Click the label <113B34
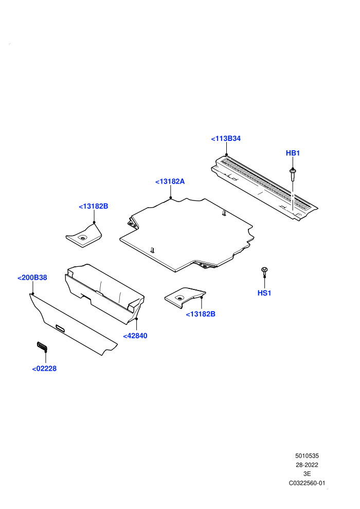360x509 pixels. click(226, 139)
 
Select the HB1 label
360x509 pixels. click(293, 153)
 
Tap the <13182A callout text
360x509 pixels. click(170, 181)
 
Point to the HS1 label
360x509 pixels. click(264, 293)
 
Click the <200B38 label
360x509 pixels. click(32, 278)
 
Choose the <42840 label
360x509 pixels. click(135, 336)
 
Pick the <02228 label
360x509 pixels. click(44, 369)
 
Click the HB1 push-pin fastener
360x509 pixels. click(293, 174)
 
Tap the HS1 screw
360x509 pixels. click(264, 271)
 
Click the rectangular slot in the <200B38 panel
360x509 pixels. click(60, 328)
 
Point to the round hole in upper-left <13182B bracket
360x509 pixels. click(82, 238)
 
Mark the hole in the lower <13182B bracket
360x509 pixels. click(179, 297)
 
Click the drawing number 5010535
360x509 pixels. click(307, 456)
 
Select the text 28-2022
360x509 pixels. click(307, 465)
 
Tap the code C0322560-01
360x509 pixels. click(307, 483)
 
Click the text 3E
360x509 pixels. click(307, 474)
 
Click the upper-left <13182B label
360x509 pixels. click(94, 206)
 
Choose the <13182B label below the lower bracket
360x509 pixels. click(200, 314)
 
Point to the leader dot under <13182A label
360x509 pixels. click(170, 197)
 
